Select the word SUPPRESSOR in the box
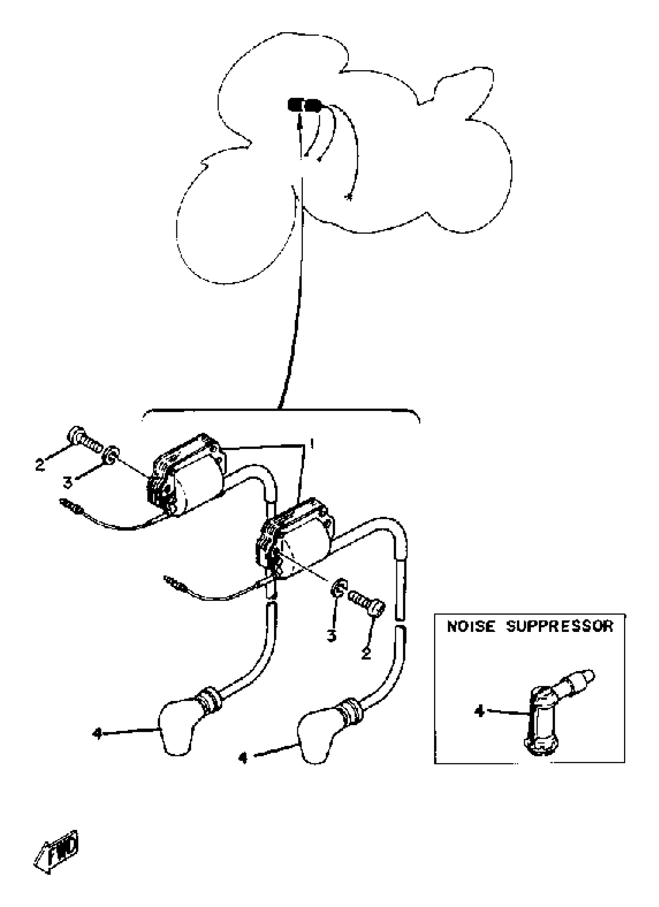click(x=559, y=626)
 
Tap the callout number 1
click(x=311, y=443)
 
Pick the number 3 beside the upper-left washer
click(x=67, y=483)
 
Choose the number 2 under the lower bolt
click(x=365, y=654)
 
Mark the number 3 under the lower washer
click(x=331, y=635)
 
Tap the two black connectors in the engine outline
click(x=304, y=105)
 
